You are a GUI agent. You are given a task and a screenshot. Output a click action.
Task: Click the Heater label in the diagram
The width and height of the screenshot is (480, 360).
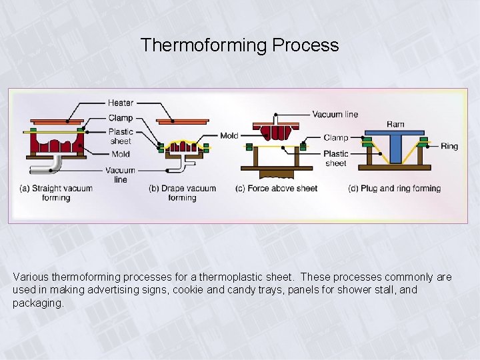121,103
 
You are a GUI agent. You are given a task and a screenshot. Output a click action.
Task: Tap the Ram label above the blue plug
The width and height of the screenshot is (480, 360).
395,124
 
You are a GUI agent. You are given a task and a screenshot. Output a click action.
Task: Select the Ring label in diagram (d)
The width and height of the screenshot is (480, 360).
449,146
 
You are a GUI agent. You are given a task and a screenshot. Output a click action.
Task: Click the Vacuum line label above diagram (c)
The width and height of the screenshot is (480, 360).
335,114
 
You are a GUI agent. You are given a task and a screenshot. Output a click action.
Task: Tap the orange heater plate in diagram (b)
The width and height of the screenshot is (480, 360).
182,121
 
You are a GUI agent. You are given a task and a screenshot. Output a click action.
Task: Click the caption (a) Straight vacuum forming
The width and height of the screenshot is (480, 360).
56,193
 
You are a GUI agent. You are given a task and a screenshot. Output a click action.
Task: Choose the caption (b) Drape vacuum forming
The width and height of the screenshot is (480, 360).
182,193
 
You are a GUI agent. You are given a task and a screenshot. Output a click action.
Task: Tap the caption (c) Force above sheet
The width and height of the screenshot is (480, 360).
276,189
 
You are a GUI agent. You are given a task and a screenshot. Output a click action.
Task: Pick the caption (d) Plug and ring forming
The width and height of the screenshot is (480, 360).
394,189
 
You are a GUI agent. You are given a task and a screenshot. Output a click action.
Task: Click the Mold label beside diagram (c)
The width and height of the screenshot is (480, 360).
229,136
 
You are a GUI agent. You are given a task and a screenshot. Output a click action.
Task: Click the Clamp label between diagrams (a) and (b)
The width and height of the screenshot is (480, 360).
120,118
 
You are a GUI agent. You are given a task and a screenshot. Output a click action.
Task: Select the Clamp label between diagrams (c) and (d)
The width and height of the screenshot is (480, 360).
336,138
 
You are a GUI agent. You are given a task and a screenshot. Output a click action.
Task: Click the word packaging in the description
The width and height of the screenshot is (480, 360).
37,303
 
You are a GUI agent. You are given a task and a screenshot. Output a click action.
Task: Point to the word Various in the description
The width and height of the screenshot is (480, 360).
30,277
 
